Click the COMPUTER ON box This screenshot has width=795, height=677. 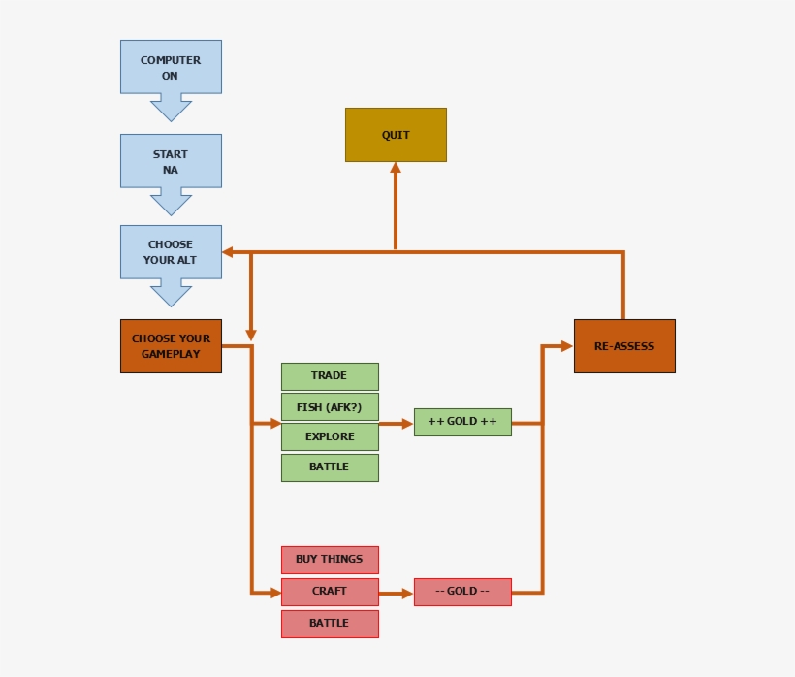(x=171, y=67)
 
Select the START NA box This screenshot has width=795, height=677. (x=171, y=161)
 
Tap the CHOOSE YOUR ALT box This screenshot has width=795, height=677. (x=171, y=252)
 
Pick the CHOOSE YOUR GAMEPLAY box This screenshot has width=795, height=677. (x=171, y=346)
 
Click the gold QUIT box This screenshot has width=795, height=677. (x=396, y=135)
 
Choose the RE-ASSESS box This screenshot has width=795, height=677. (x=624, y=346)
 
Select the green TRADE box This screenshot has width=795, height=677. (x=330, y=376)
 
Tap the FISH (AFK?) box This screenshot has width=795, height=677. (x=330, y=406)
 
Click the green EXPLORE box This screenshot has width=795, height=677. (x=330, y=436)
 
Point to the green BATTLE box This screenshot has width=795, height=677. (x=330, y=467)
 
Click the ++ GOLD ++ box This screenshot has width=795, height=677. (x=462, y=422)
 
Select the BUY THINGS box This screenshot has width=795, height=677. (x=330, y=560)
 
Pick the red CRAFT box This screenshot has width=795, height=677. (x=330, y=592)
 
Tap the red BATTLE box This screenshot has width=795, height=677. (x=330, y=624)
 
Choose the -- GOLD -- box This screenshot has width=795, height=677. (x=462, y=592)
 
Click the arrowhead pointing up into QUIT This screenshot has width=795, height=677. (x=396, y=168)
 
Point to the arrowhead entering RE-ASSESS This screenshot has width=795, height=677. (x=567, y=345)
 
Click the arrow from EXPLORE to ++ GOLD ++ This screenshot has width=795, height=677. (x=396, y=424)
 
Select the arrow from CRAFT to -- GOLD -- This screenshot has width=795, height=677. (x=396, y=593)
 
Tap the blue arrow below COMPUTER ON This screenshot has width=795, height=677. (x=171, y=107)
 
